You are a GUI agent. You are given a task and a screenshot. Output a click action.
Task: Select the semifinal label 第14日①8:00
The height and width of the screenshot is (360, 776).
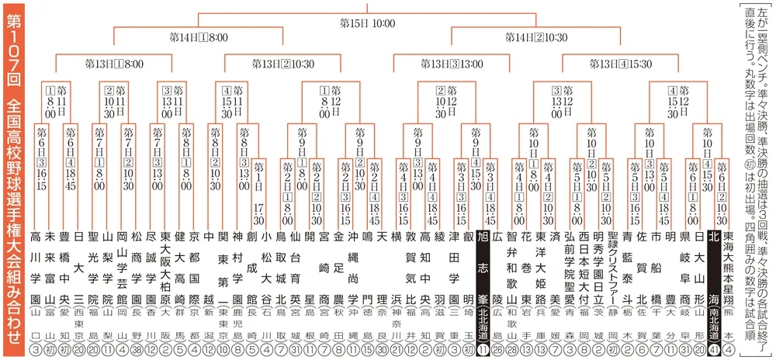point(197,37)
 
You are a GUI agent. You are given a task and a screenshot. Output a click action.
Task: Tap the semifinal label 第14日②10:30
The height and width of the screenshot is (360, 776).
point(535,37)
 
